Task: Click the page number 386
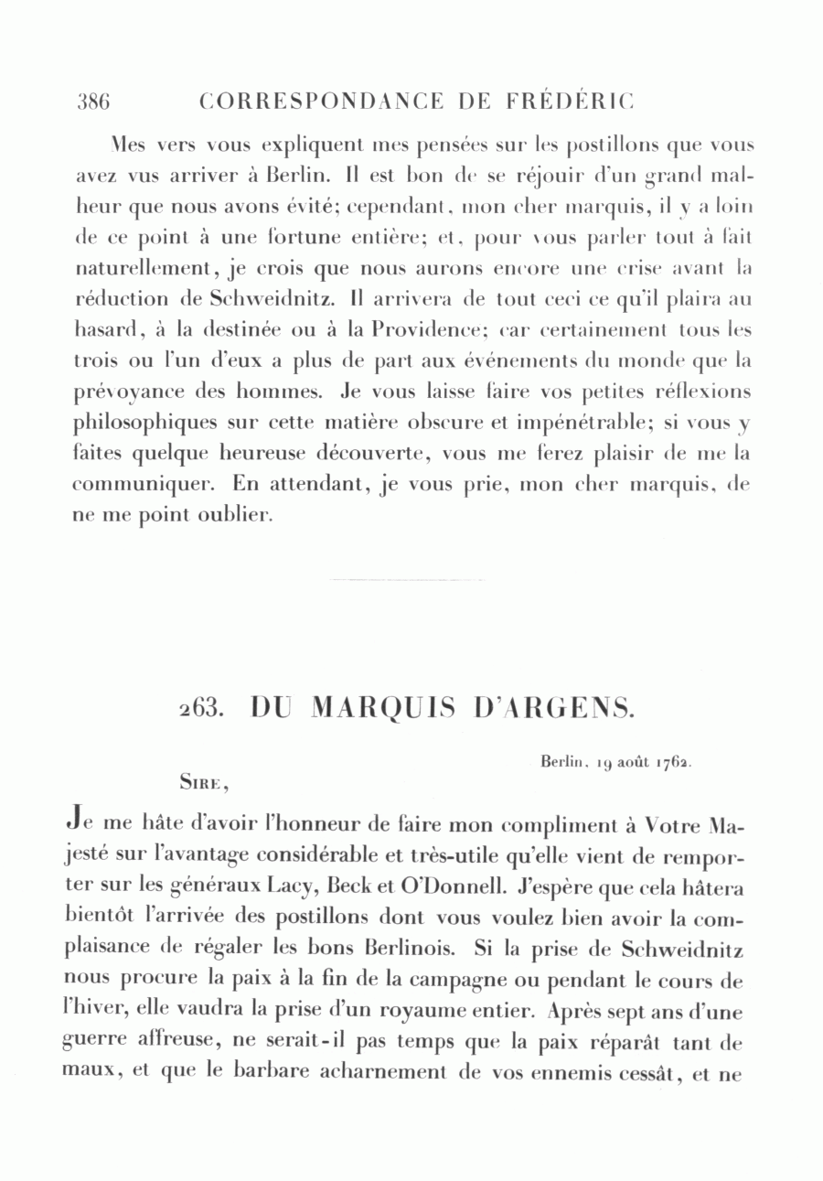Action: point(93,102)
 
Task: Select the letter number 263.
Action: point(198,708)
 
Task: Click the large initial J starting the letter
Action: point(78,827)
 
